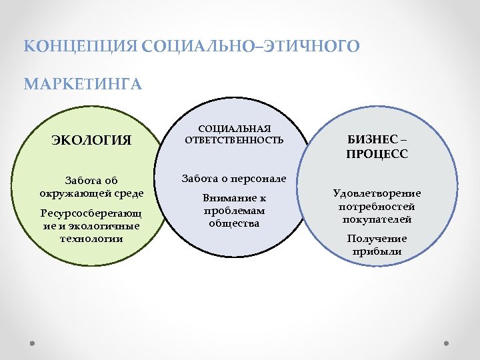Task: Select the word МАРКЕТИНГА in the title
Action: pos(83,85)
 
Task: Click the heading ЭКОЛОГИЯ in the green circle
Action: pos(92,141)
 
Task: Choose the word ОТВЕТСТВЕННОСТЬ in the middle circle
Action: pos(234,140)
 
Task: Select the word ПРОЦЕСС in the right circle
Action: pos(377,154)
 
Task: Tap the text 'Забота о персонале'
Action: pos(234,179)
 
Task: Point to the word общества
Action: pos(234,223)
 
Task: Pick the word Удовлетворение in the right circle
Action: pos(377,193)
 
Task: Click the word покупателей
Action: pos(377,219)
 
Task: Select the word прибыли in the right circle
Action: pos(377,251)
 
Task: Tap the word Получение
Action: pos(377,239)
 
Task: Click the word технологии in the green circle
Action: pos(91,238)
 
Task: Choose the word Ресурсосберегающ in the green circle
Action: pos(91,213)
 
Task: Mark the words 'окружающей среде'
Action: pos(91,193)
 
